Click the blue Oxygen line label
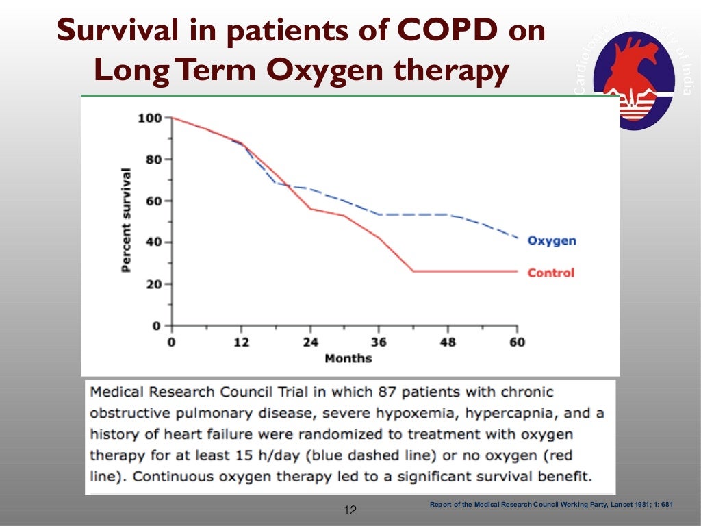(552, 241)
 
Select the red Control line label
(550, 273)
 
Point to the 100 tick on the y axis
(149, 118)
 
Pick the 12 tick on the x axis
(240, 342)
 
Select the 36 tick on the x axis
(379, 342)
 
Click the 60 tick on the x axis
(517, 342)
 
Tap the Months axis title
(348, 358)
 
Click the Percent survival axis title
(126, 218)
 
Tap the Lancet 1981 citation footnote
(551, 505)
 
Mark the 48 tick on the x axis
(448, 342)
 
